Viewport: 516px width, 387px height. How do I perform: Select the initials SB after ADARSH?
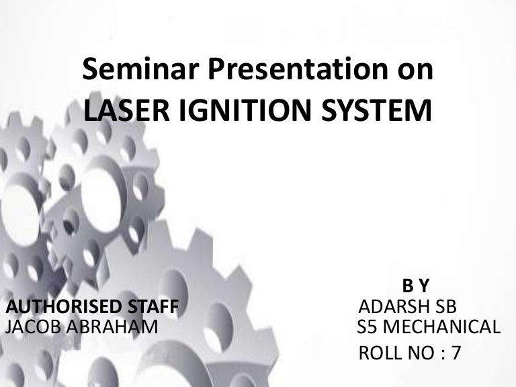coord(445,307)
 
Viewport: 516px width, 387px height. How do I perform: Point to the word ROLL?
coord(380,353)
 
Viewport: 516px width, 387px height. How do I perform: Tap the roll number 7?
coord(457,353)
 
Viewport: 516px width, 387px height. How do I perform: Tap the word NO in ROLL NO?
coord(421,353)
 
